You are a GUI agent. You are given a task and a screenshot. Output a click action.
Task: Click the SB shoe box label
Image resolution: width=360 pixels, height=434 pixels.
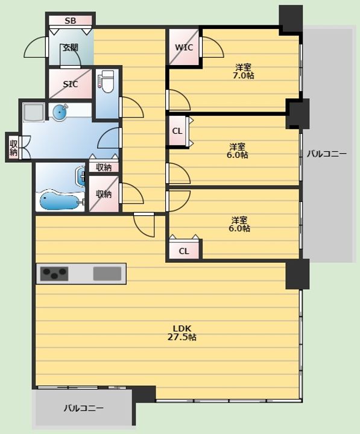[71, 20]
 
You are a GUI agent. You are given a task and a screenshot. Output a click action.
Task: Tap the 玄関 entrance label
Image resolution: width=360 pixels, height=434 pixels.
[71, 48]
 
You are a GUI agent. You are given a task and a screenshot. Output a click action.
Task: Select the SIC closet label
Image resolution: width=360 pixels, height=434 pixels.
[71, 84]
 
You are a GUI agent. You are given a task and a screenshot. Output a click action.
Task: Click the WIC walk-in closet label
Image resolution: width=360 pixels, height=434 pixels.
[184, 48]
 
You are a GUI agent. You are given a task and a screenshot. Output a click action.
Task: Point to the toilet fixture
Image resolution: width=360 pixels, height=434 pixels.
[107, 81]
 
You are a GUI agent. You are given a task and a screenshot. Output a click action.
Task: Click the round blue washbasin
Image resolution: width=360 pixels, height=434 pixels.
[60, 112]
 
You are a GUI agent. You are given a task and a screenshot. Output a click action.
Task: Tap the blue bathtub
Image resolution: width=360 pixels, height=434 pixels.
[62, 201]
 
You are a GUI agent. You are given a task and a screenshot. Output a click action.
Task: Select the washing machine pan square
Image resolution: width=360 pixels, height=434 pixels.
[34, 112]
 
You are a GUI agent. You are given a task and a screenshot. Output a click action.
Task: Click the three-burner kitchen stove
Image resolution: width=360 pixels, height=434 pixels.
[54, 274]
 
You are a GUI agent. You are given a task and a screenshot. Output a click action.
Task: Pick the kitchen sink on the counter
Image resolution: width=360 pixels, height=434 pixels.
[107, 274]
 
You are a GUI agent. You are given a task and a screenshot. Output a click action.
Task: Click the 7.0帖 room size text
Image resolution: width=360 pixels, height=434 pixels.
[244, 75]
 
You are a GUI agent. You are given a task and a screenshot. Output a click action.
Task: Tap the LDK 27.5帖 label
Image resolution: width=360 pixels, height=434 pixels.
[182, 333]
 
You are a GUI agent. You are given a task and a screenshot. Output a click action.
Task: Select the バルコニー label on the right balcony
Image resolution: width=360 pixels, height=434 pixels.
[326, 154]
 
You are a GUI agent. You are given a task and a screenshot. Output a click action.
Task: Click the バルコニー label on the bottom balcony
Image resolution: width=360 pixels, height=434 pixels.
[84, 408]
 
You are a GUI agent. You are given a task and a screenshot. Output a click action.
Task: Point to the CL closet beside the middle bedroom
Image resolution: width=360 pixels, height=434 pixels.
[177, 131]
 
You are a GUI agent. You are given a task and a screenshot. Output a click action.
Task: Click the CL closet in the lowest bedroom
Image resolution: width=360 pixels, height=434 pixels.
[184, 251]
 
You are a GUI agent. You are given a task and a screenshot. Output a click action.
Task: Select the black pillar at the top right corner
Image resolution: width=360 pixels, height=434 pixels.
[291, 19]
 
